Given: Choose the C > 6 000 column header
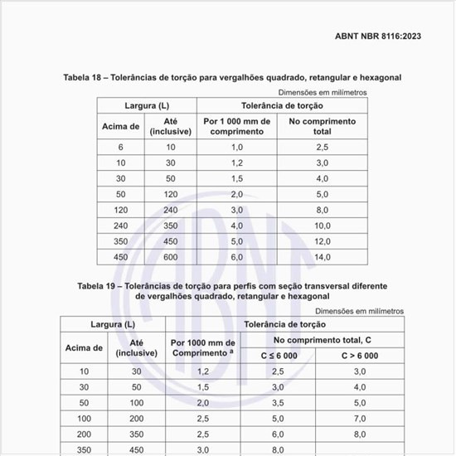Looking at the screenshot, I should point(360,355).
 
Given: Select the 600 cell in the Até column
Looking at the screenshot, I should point(171,257).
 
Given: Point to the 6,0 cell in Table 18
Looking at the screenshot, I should point(236,257).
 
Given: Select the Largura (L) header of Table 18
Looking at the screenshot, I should point(147,106).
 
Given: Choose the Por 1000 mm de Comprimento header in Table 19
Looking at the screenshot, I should point(203,348).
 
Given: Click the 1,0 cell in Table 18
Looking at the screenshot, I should point(236,147).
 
